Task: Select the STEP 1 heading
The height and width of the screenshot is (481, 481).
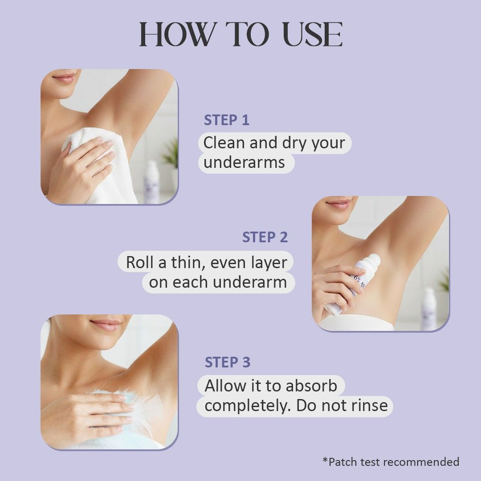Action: pyautogui.click(x=227, y=120)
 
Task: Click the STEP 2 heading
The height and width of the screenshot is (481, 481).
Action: pyautogui.click(x=265, y=237)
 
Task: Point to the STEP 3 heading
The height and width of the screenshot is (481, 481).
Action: pyautogui.click(x=228, y=362)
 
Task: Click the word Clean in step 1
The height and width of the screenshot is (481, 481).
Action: pyautogui.click(x=224, y=143)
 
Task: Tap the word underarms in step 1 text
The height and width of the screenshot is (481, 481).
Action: pyautogui.click(x=244, y=162)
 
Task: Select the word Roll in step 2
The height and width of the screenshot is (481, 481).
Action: pyautogui.click(x=140, y=262)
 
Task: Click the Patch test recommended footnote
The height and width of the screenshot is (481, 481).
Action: pyautogui.click(x=391, y=461)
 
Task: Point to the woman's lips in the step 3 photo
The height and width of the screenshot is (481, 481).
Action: pyautogui.click(x=106, y=325)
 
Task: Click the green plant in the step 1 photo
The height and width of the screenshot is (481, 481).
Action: pyautogui.click(x=171, y=153)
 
